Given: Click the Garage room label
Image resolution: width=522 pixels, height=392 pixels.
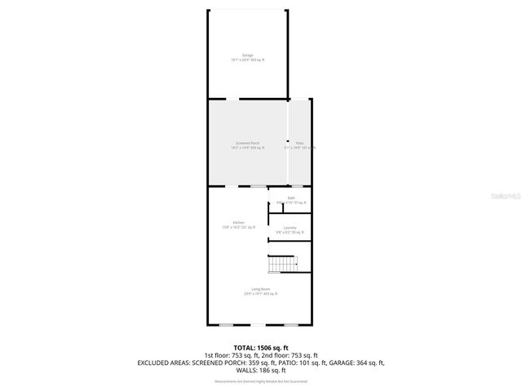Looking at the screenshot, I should click(x=247, y=55).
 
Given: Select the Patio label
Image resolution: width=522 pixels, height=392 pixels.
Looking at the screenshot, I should click(x=299, y=143).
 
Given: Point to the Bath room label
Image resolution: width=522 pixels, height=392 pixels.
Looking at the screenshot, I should click(x=290, y=198).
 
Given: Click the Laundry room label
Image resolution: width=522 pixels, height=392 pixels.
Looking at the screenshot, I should click(x=290, y=227).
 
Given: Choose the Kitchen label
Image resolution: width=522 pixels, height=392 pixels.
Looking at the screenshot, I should click(x=239, y=222).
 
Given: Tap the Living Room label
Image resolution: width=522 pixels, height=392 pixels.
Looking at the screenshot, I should click(x=260, y=288).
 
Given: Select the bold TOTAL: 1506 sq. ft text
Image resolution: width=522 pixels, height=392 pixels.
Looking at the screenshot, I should click(x=260, y=347).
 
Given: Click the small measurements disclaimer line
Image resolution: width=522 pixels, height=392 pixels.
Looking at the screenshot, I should click(x=260, y=381).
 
